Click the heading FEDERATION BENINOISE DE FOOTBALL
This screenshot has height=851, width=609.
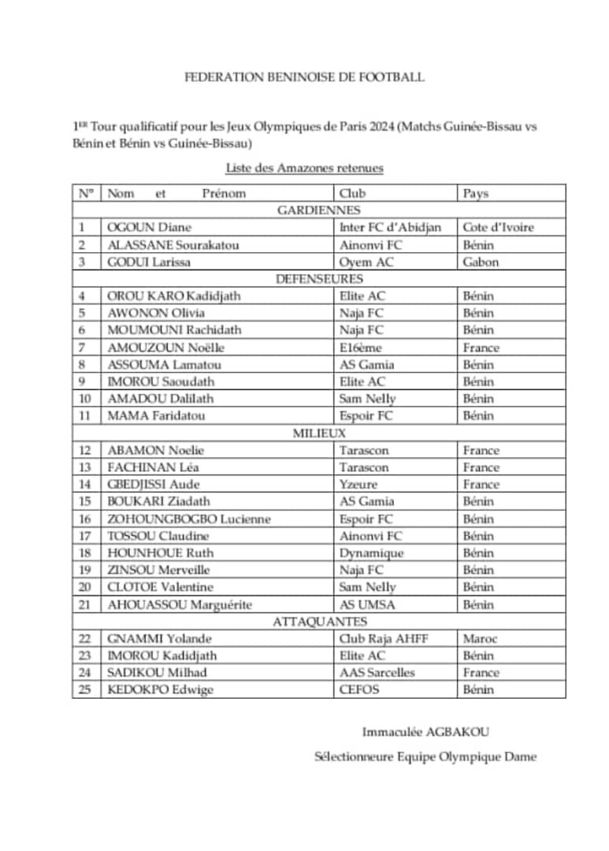point(304,77)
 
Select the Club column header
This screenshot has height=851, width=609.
point(352,193)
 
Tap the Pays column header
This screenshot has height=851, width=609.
point(476,193)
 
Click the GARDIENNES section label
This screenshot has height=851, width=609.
point(318,210)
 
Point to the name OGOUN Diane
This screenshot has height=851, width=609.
point(150,228)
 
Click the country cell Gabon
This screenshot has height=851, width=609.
point(481,262)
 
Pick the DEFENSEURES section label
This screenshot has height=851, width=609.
point(318,279)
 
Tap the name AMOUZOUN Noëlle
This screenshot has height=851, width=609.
point(166,347)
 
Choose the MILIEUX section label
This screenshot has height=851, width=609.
point(318,433)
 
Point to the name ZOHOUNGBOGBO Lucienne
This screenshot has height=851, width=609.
point(189,518)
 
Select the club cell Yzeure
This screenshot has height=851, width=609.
point(358,485)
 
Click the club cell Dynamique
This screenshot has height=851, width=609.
point(371,553)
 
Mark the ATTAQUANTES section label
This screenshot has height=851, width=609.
point(318,622)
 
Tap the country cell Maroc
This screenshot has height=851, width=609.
point(480,638)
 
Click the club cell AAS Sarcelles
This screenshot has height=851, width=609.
point(377,673)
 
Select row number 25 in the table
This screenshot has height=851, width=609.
point(86,689)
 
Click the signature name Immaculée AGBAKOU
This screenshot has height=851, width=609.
point(425,732)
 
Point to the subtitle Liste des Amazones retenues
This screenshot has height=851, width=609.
point(304,168)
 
